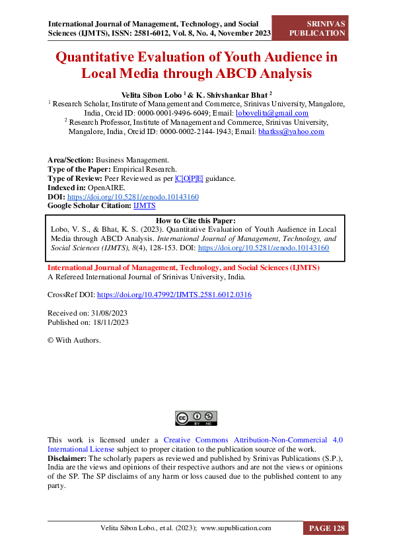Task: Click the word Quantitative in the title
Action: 105,57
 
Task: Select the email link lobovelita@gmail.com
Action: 272,113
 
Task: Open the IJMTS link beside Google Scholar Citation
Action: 144,206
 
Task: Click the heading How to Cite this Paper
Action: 196,221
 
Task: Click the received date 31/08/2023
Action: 105,313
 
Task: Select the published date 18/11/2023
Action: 107,322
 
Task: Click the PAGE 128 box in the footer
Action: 325,528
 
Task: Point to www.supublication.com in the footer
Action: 236,528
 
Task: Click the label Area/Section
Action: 71,160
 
